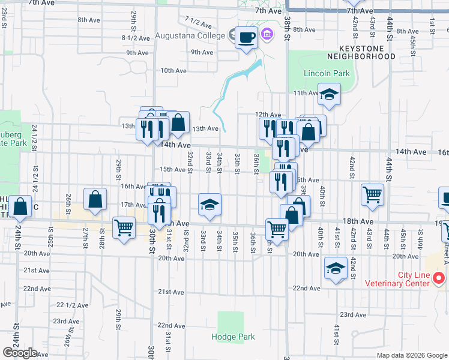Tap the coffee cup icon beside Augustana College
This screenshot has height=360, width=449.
246,38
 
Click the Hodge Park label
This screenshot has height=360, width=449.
231,337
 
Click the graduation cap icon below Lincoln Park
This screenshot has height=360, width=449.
329,94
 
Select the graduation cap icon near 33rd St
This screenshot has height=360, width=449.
209,205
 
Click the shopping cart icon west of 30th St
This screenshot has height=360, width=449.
124,228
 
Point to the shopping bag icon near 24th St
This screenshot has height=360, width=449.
20,206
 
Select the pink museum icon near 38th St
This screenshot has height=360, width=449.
267,36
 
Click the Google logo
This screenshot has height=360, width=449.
20,353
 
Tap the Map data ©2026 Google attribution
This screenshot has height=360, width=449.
412,355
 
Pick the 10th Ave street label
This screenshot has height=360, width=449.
173,71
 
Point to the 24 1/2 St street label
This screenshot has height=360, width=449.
35,137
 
